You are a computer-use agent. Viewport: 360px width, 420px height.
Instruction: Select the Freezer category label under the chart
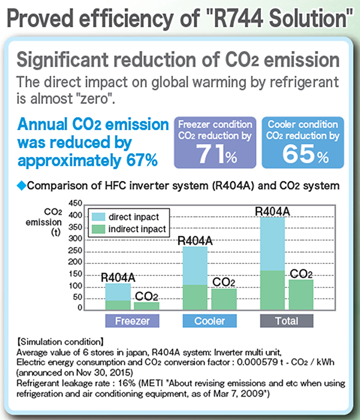(x=131, y=321)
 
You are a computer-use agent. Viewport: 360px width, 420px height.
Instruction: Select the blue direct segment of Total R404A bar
(x=272, y=244)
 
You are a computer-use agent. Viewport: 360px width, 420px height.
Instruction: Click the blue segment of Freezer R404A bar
(x=118, y=292)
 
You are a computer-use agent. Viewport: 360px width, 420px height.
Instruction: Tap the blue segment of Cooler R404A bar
(x=195, y=265)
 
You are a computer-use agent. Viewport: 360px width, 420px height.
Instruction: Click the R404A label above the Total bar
(x=272, y=211)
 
